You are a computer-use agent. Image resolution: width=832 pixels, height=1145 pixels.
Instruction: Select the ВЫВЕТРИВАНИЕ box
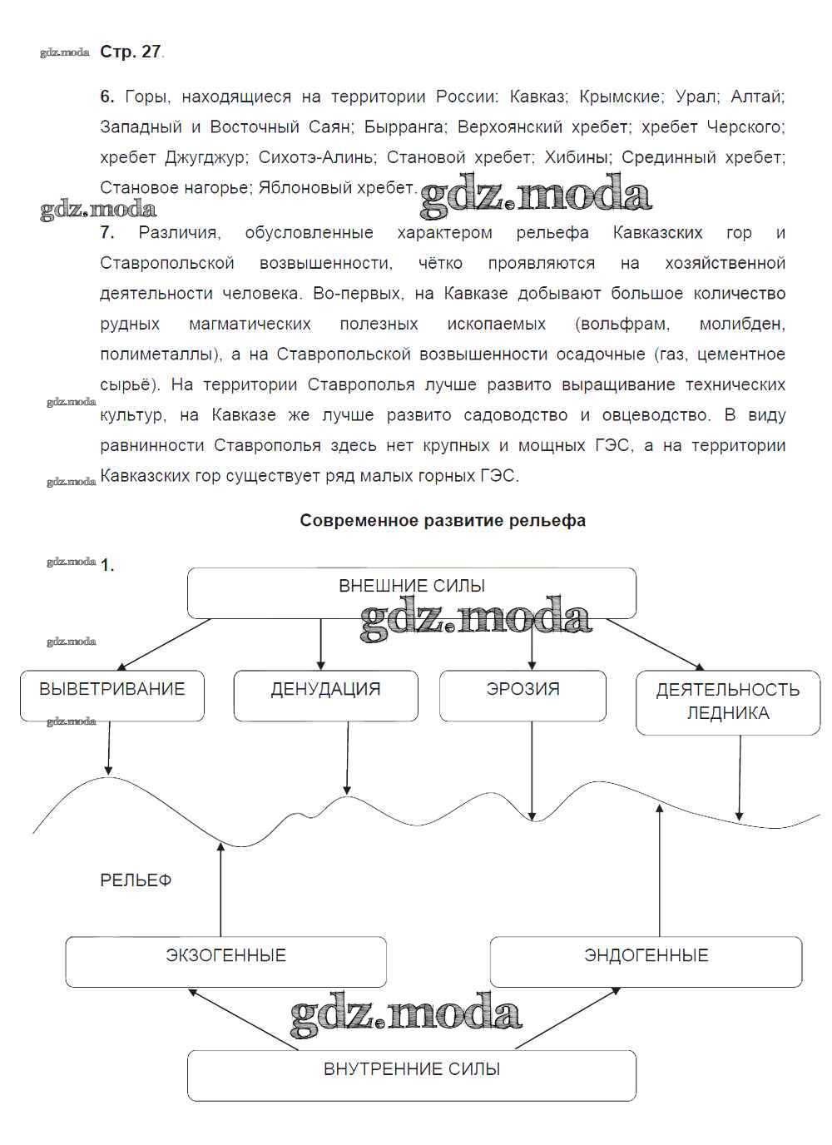112,696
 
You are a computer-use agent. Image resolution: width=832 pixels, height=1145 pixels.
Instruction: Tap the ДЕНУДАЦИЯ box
325,696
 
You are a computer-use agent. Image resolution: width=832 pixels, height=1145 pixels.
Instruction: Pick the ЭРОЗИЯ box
522,696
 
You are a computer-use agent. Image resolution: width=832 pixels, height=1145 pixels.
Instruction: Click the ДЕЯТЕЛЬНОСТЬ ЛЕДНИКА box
727,702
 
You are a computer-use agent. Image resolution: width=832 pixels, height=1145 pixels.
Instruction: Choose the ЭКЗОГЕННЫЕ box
225,962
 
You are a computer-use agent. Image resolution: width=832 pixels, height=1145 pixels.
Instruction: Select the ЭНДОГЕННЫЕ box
646,962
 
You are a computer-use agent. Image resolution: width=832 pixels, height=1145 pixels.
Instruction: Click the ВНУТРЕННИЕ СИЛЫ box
411,1075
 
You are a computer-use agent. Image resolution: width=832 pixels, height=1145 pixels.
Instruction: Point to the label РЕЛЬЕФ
136,880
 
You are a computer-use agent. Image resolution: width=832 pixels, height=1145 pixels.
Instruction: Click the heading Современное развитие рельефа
443,521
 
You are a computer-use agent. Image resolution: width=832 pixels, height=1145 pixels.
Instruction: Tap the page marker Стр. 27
130,52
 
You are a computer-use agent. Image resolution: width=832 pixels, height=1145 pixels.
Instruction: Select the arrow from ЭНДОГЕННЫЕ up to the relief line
660,870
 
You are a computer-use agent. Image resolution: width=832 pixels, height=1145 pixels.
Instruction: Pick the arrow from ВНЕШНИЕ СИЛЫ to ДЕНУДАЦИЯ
321,644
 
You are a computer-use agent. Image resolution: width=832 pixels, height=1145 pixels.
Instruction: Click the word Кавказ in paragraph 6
537,97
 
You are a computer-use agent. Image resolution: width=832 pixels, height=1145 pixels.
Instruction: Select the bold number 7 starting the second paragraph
107,233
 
